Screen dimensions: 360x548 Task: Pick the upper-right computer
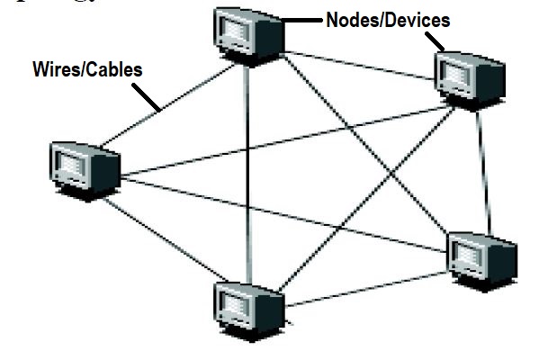(x=465, y=76)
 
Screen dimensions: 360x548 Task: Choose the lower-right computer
(x=481, y=256)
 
